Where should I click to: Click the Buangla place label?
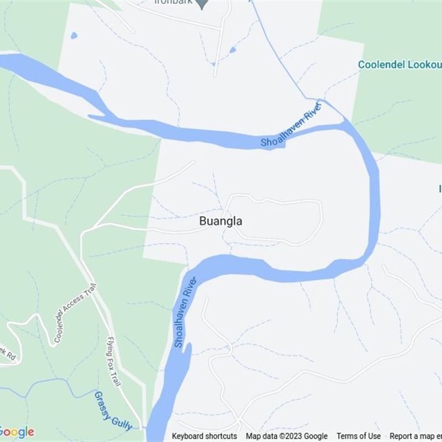click(x=220, y=221)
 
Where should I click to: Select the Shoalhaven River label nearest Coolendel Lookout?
click(x=291, y=127)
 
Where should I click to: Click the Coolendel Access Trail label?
click(x=75, y=313)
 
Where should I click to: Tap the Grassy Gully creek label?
click(x=113, y=411)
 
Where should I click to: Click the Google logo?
click(x=17, y=432)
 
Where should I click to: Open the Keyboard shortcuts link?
click(x=204, y=436)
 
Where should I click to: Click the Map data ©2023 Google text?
click(x=287, y=436)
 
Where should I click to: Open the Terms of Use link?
click(x=359, y=436)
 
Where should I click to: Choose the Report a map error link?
click(x=415, y=436)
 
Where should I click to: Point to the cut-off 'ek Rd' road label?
click(x=8, y=355)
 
